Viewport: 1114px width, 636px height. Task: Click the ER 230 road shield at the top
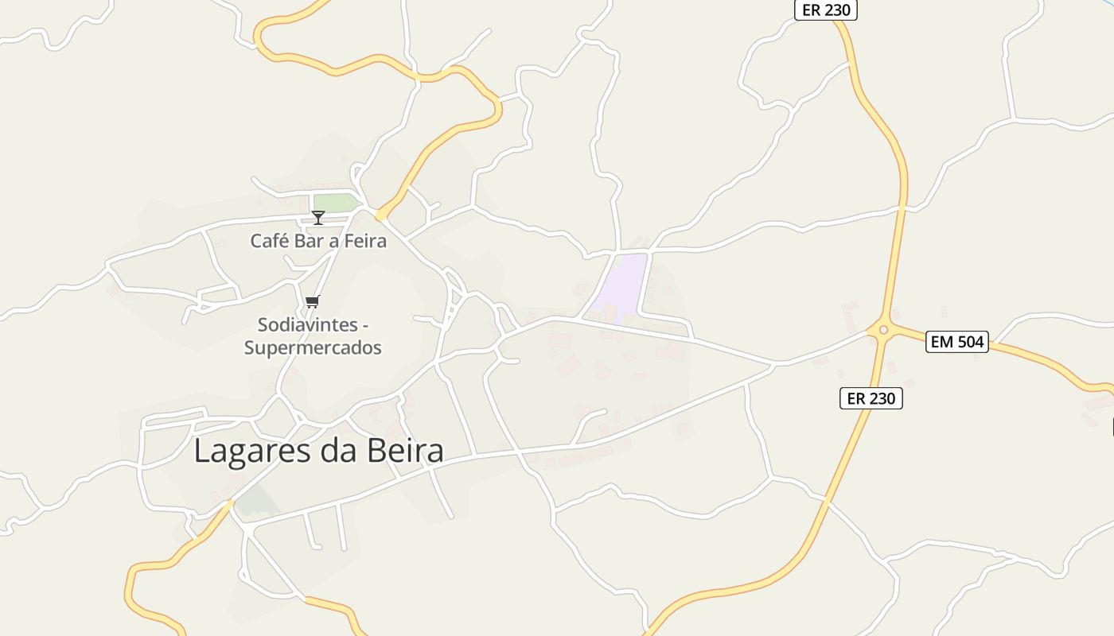point(826,10)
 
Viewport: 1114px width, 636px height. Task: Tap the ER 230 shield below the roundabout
point(871,398)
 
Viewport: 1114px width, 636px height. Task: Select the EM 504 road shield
point(957,343)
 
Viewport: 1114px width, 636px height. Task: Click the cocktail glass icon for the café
point(318,217)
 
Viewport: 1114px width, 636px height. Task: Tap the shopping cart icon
point(313,301)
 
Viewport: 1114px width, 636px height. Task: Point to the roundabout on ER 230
point(882,329)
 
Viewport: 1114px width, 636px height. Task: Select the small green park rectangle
point(334,203)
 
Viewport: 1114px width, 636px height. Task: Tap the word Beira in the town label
point(406,451)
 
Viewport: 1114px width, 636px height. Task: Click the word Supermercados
point(313,347)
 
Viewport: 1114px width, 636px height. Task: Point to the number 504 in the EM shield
point(970,343)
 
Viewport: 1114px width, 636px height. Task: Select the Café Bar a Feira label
point(318,241)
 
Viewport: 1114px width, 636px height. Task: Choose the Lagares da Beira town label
point(318,451)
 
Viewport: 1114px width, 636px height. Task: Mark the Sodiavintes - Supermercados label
point(313,336)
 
